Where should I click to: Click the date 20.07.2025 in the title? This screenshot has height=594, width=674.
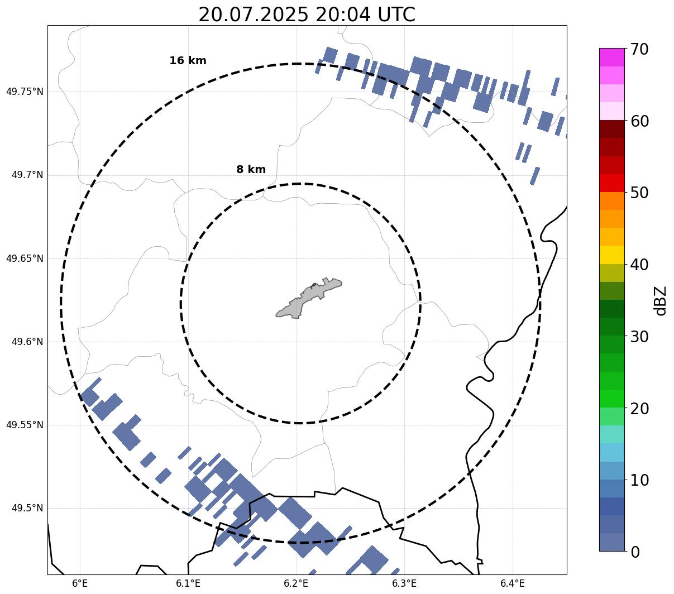254,15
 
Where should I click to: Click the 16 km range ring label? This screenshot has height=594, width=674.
188,60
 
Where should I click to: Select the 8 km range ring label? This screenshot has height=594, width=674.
251,169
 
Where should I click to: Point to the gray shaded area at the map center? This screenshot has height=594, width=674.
309,298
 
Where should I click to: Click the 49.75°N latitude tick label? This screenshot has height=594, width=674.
25,92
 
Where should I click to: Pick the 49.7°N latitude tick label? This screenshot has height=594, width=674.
27,175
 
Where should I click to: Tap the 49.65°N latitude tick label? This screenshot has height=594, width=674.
25,258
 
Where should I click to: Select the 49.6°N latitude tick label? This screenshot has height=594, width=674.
27,342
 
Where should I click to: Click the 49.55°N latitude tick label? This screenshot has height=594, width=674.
25,425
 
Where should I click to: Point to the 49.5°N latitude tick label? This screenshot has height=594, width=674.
27,508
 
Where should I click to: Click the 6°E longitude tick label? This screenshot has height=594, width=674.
80,583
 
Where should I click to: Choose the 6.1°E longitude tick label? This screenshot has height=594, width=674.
188,583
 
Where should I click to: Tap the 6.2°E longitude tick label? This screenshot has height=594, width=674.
296,583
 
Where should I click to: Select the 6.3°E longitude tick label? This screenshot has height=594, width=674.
404,583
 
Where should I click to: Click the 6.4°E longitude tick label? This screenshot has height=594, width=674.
513,583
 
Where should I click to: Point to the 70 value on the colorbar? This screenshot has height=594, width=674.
639,50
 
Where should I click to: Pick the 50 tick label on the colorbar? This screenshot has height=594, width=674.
639,193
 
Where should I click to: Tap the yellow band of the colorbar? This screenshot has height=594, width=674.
612,255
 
